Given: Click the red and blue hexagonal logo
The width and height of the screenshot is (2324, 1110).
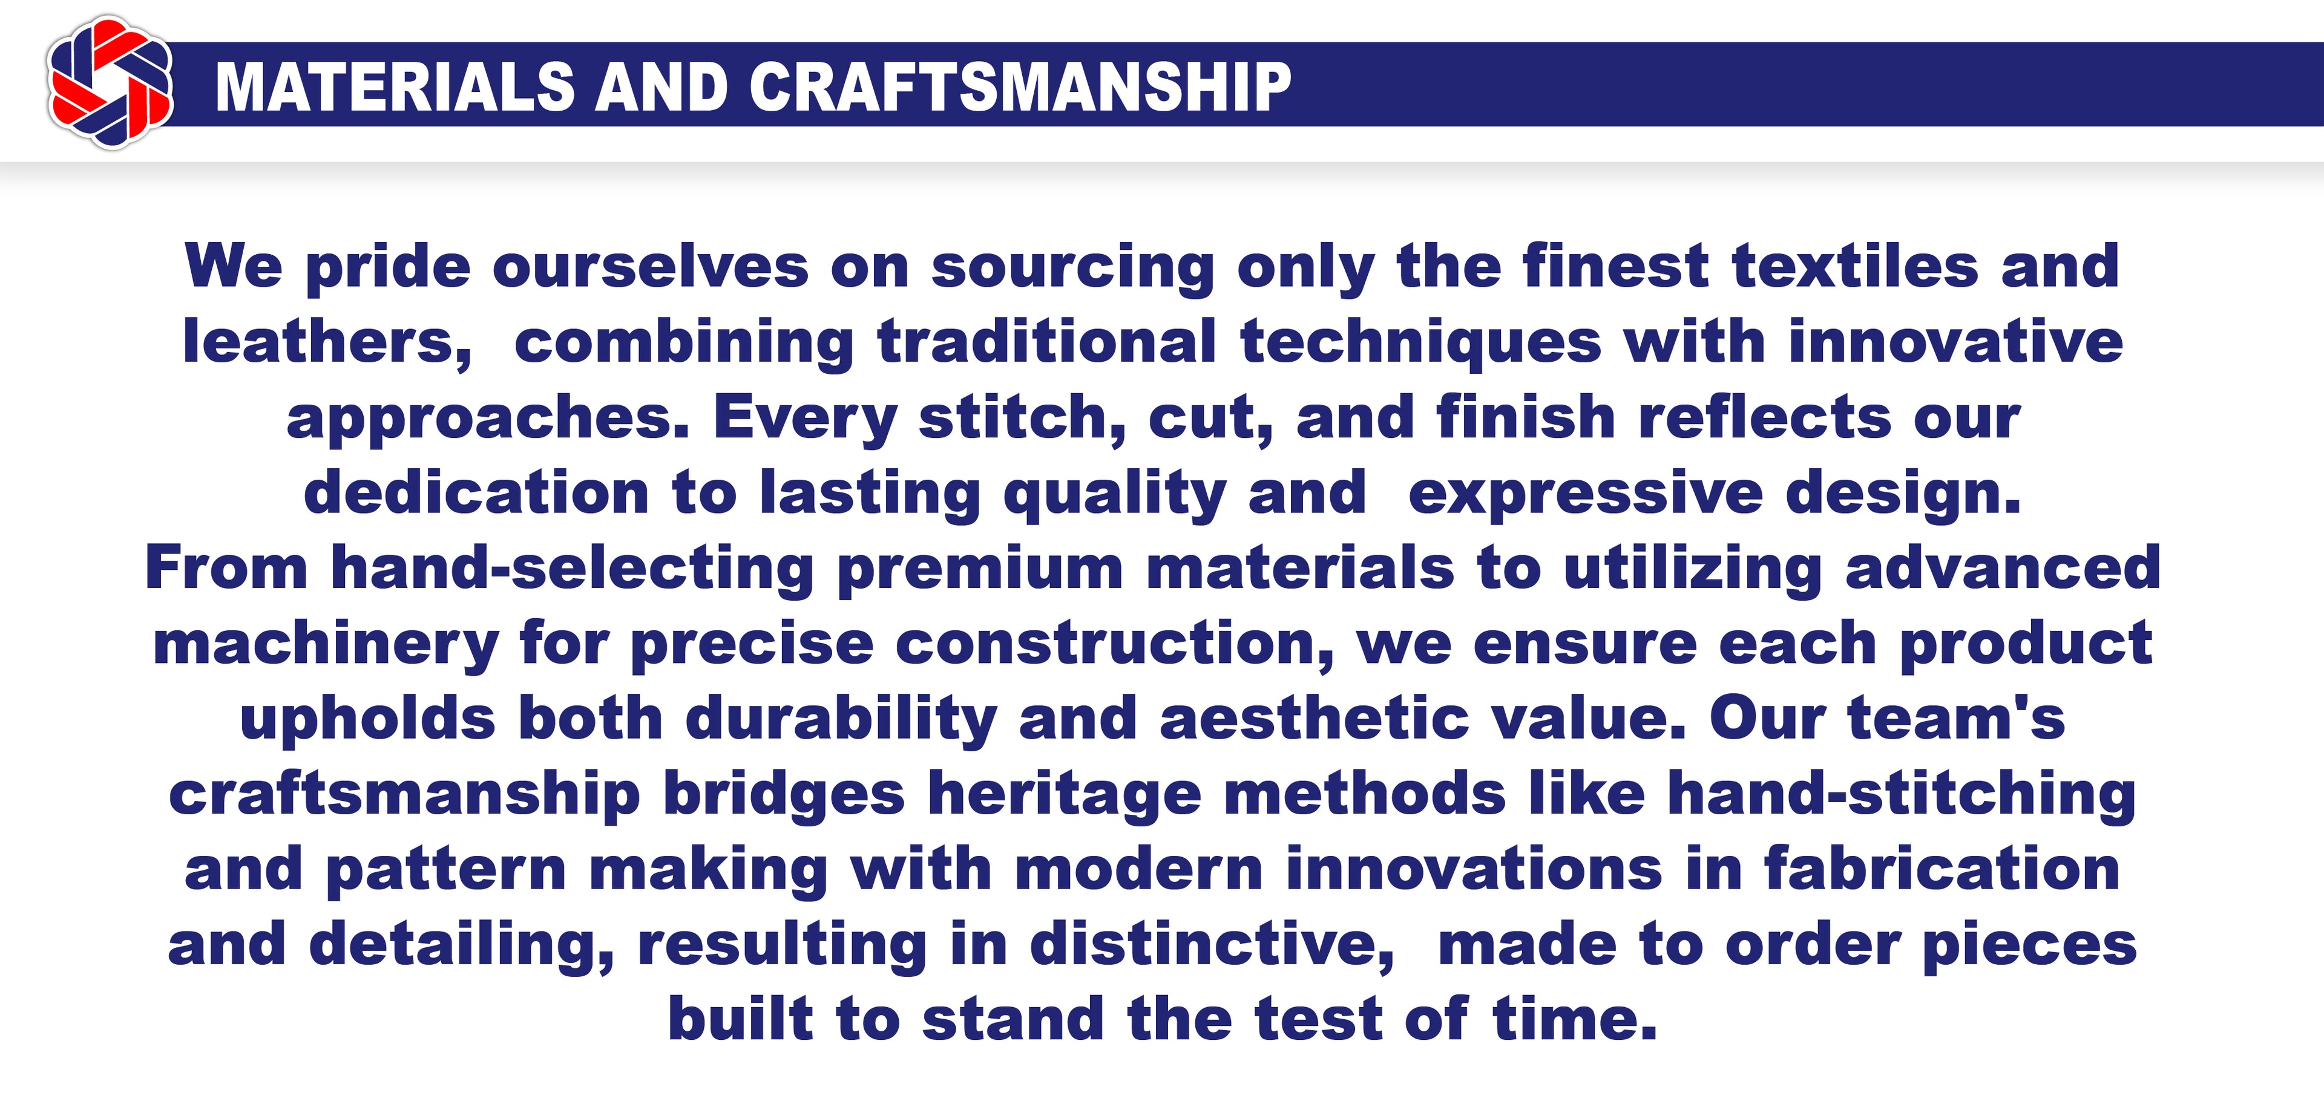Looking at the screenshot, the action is [111, 83].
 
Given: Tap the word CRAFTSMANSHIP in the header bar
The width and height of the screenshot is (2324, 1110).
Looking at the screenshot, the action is [1019, 88].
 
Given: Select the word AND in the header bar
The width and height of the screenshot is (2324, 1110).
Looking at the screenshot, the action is [661, 88].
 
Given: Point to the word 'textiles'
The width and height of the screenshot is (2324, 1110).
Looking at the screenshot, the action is [1855, 266].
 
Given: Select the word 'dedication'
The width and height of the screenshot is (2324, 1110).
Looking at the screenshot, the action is [476, 492].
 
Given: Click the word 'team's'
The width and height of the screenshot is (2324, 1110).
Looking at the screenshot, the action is [1956, 720].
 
